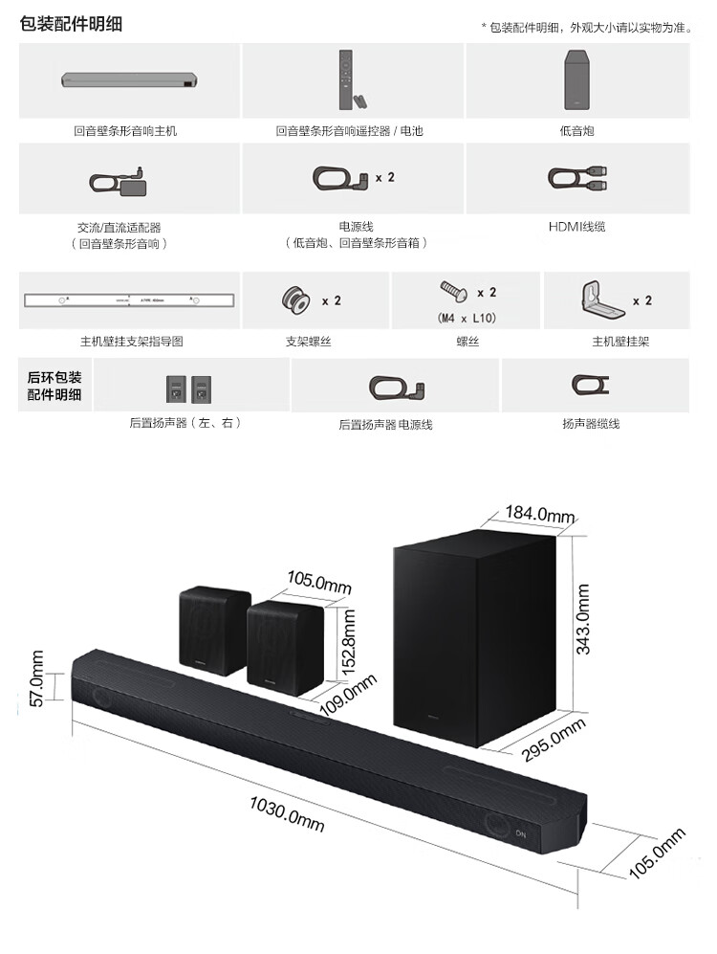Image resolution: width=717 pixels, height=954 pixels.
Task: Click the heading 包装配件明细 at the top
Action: click(71, 24)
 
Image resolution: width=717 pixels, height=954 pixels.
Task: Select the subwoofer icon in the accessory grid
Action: click(576, 79)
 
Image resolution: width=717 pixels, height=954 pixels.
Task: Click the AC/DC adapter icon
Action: click(117, 179)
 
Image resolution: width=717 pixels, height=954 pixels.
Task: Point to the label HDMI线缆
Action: click(576, 227)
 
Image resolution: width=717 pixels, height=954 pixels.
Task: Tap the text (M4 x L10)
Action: click(466, 318)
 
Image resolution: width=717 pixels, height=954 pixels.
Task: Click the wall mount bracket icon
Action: click(597, 299)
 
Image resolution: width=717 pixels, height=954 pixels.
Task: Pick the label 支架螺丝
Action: click(309, 342)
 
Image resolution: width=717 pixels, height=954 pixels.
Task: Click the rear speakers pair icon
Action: click(186, 387)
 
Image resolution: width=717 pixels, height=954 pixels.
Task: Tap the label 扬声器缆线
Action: click(591, 422)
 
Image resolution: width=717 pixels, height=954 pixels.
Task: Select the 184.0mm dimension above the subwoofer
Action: click(540, 515)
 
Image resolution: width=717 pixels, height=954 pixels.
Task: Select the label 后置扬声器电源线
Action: click(385, 424)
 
